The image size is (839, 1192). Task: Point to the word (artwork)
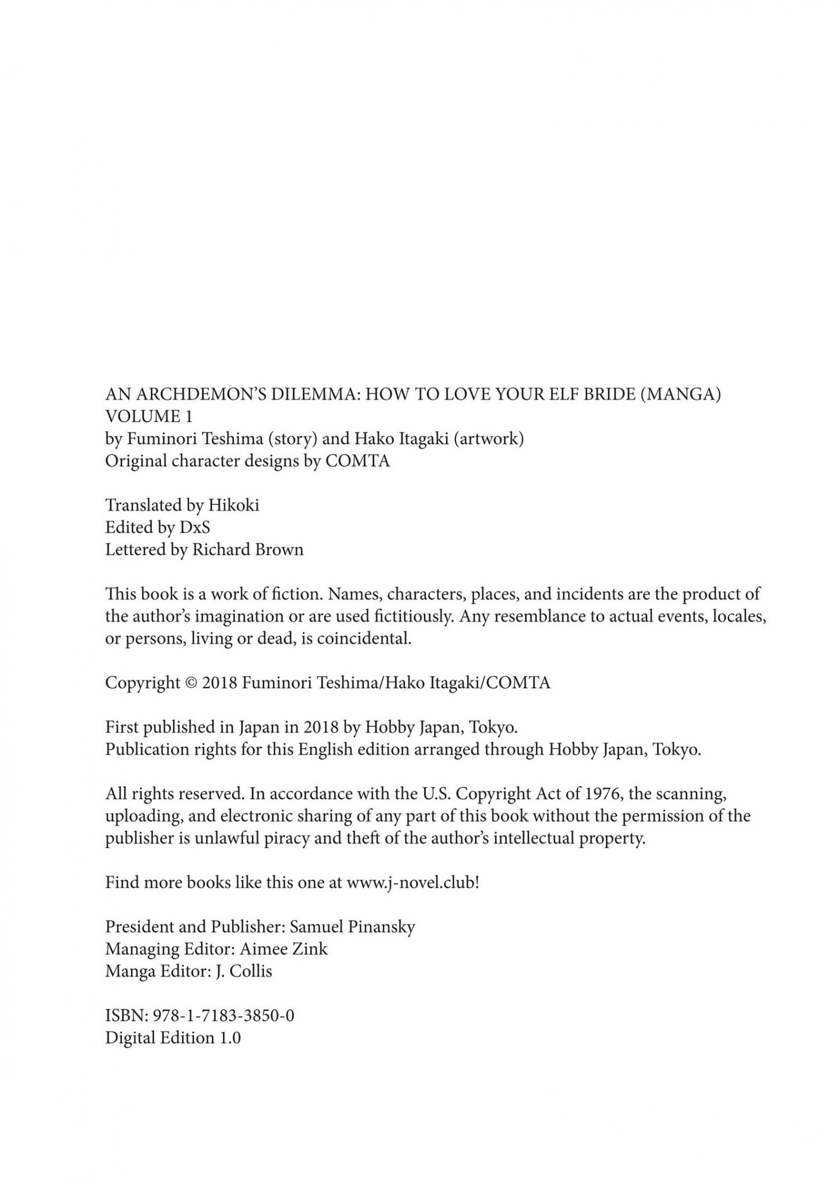[x=488, y=439]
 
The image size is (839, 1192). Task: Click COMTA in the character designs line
[x=357, y=461]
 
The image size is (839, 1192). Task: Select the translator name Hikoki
[x=234, y=505]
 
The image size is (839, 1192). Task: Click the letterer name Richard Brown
[x=248, y=550]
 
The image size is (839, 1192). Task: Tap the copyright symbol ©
[x=191, y=683]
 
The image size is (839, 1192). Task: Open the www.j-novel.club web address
[x=413, y=883]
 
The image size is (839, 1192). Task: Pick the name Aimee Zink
[x=284, y=949]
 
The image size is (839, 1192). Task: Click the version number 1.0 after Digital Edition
[x=229, y=1038]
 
